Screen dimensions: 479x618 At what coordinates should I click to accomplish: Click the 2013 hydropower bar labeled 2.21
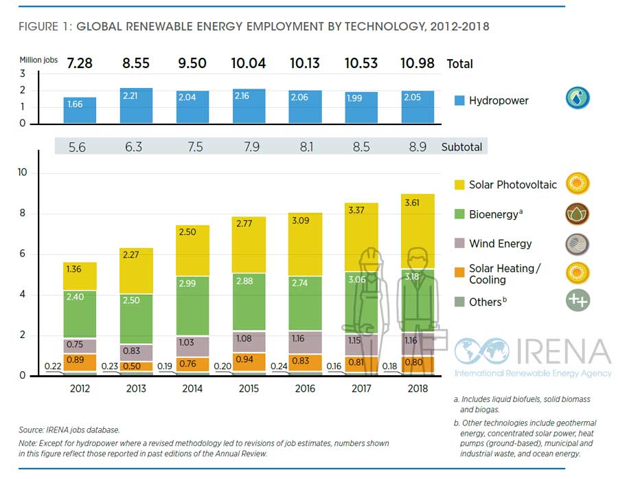pyautogui.click(x=136, y=106)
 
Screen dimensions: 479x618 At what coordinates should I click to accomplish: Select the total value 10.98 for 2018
pyautogui.click(x=417, y=63)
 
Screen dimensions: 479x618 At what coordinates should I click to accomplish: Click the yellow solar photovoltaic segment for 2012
pyautogui.click(x=80, y=276)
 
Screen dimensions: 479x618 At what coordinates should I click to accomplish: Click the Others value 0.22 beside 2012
pyautogui.click(x=53, y=367)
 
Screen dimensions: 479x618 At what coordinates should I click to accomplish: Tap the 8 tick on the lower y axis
pyautogui.click(x=23, y=213)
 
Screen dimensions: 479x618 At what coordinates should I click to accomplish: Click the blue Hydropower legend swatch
pyautogui.click(x=459, y=100)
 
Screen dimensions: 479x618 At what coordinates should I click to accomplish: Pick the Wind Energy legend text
pyautogui.click(x=500, y=243)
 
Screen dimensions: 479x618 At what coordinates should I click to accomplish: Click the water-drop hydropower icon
pyautogui.click(x=577, y=98)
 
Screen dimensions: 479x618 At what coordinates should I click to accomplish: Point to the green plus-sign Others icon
pyautogui.click(x=577, y=300)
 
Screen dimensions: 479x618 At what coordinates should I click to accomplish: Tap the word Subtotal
pyautogui.click(x=462, y=146)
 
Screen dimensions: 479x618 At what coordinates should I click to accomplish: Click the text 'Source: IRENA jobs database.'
pyautogui.click(x=69, y=430)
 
